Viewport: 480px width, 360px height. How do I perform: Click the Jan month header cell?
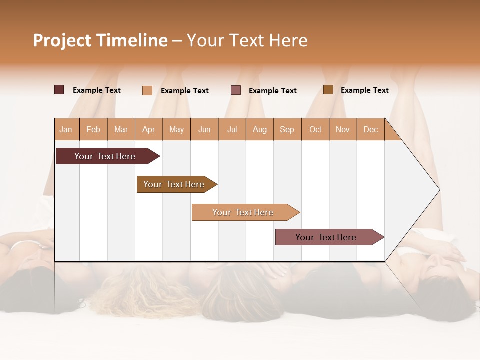66,129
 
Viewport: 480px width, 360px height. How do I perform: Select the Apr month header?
149,129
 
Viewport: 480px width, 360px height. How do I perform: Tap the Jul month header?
232,129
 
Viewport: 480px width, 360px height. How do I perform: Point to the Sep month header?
287,129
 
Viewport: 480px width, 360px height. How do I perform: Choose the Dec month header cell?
370,129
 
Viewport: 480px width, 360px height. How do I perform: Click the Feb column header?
93,129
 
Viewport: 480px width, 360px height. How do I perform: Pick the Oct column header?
315,129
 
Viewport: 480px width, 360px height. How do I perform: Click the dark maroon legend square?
59,90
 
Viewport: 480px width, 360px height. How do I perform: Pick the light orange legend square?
147,90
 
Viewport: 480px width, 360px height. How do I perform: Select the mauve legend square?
236,90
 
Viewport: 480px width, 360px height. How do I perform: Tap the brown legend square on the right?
328,90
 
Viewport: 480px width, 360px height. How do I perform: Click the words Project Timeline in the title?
100,40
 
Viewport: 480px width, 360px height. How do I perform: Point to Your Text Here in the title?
247,40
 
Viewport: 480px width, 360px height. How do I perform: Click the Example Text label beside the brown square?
364,90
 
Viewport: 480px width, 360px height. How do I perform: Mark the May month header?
176,129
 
